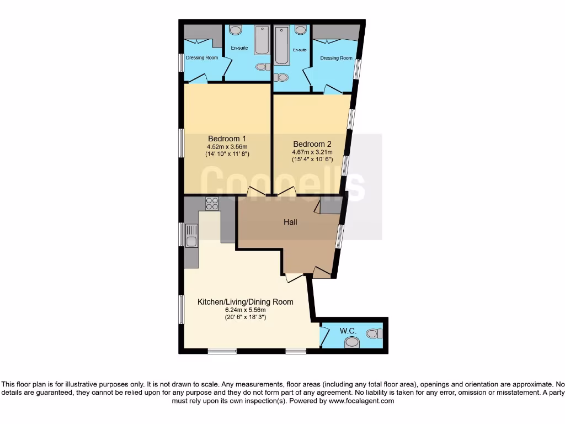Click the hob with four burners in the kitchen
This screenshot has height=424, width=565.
pyautogui.click(x=212, y=204)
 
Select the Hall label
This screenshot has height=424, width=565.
pyautogui.click(x=290, y=222)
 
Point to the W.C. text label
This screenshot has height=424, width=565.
pyautogui.click(x=348, y=331)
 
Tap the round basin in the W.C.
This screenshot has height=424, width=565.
pyautogui.click(x=351, y=343)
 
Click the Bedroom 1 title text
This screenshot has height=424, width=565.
pyautogui.click(x=227, y=139)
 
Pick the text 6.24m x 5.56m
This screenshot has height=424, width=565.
pyautogui.click(x=245, y=310)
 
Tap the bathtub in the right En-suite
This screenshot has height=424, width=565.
pyautogui.click(x=281, y=45)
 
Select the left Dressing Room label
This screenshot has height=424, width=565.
pyautogui.click(x=201, y=57)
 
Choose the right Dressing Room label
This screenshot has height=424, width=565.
pyautogui.click(x=336, y=58)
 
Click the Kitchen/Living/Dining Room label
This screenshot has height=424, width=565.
pyautogui.click(x=245, y=302)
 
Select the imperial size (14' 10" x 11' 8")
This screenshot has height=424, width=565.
pyautogui.click(x=227, y=154)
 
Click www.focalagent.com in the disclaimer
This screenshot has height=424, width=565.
pyautogui.click(x=361, y=401)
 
